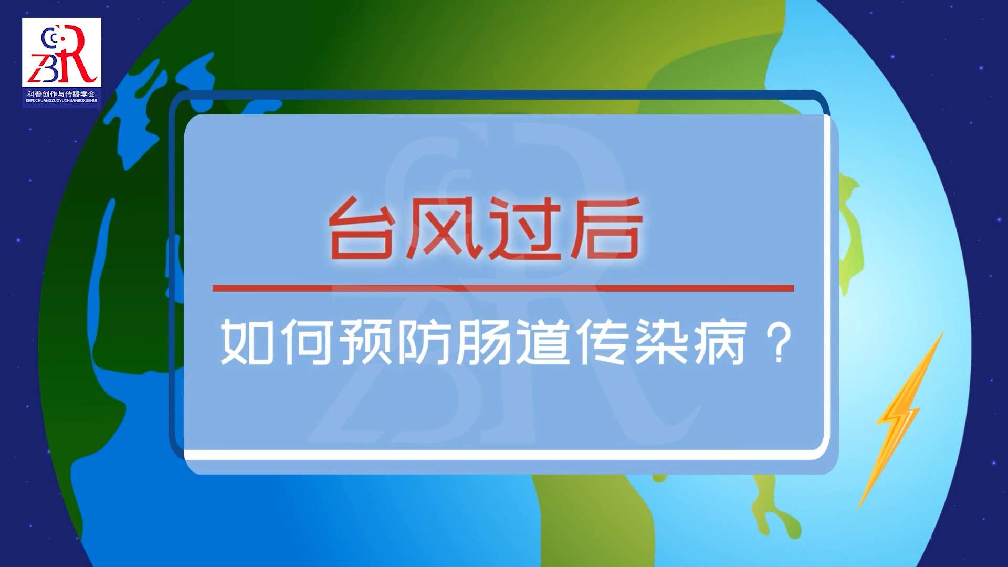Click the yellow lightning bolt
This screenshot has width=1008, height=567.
(899, 420)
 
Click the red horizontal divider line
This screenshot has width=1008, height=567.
(503, 288)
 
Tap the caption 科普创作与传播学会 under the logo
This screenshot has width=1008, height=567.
(61, 94)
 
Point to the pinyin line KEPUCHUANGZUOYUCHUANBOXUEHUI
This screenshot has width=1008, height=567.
(61, 100)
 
